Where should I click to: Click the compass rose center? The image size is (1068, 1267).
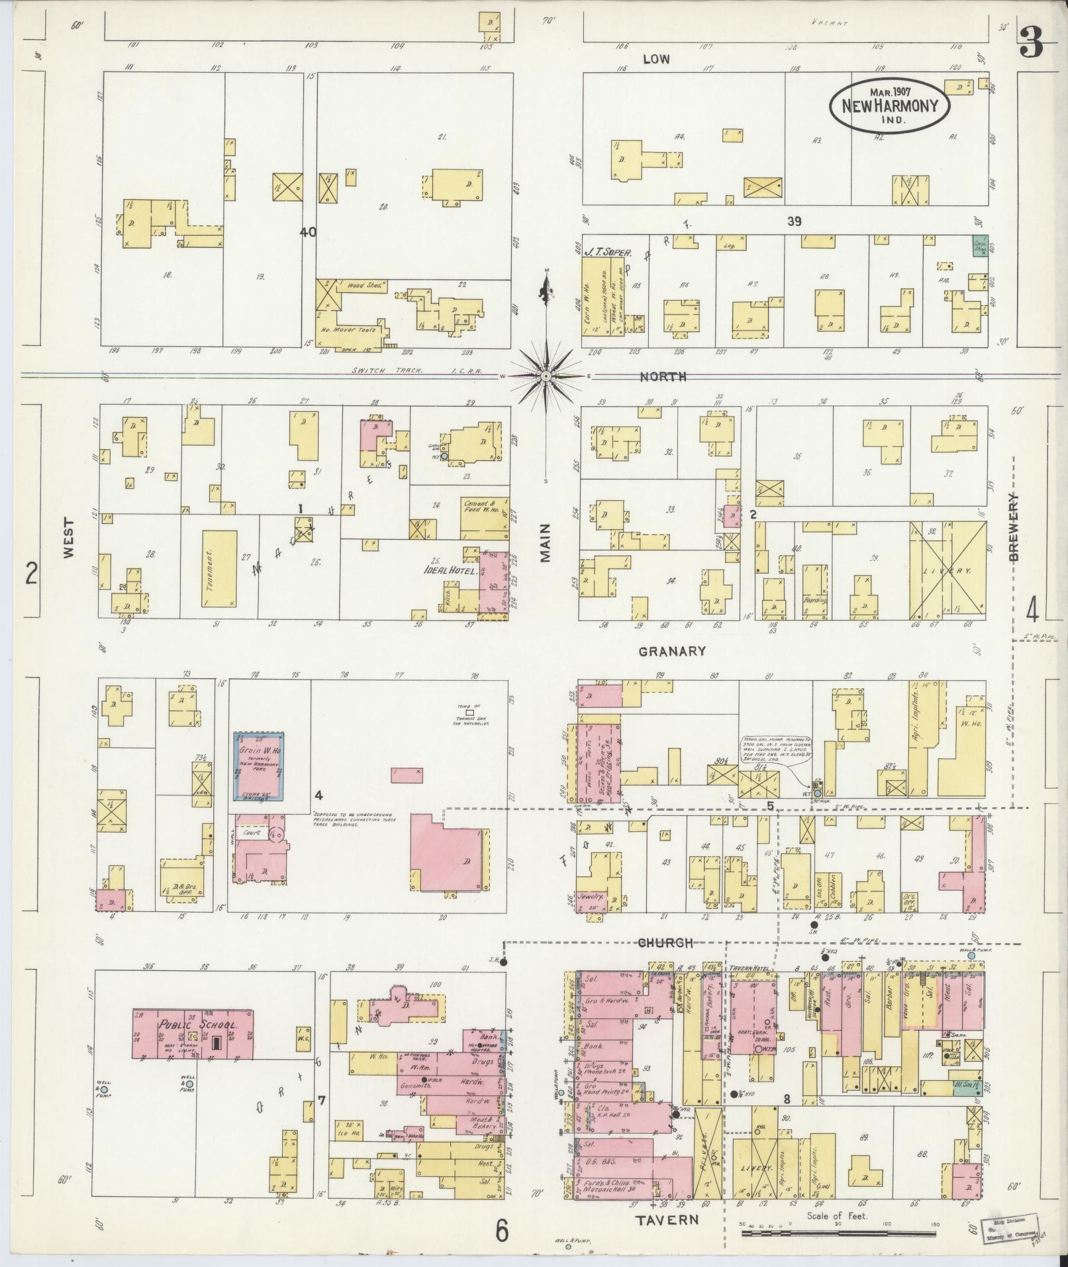coord(546,376)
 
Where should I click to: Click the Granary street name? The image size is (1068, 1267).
coord(672,651)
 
